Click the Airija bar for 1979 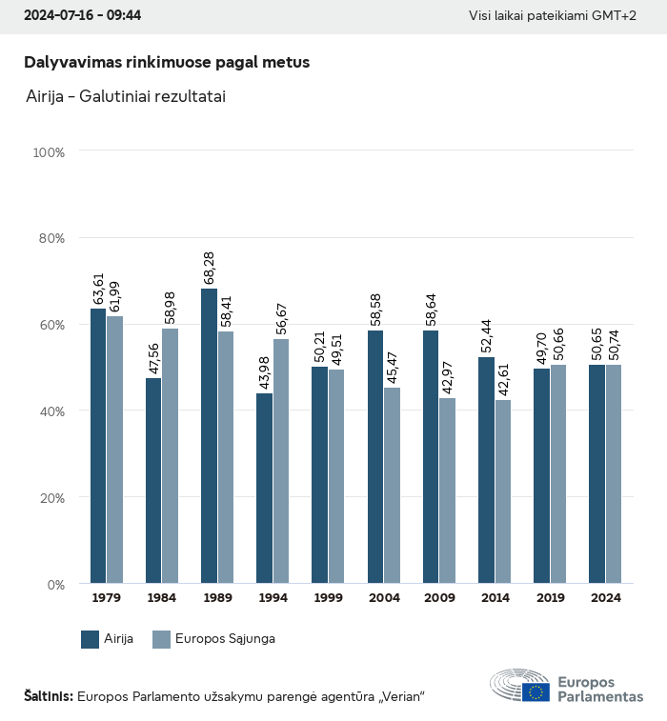point(98,446)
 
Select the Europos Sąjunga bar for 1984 point(170,455)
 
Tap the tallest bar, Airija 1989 point(209,435)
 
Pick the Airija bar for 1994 point(264,488)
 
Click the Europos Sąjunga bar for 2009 point(447,491)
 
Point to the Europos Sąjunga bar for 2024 point(614,473)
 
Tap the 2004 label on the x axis point(384,598)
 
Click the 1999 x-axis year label point(329,598)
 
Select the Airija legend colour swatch point(91,639)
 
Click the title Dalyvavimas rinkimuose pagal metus point(167,62)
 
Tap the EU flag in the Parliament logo point(536,692)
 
